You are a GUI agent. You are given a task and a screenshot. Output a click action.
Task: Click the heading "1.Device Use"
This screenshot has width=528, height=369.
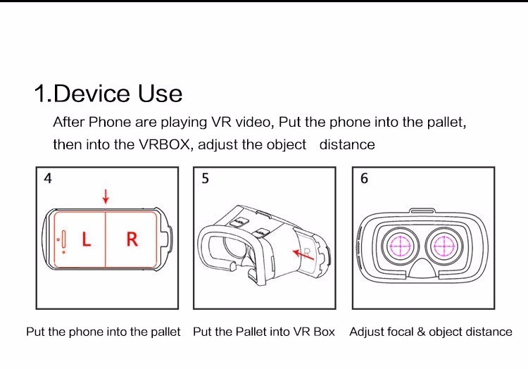pyautogui.click(x=108, y=94)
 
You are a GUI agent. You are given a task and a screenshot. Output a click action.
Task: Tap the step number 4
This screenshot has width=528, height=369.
pyautogui.click(x=48, y=178)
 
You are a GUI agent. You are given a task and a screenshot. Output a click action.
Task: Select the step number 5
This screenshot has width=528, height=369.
pyautogui.click(x=206, y=178)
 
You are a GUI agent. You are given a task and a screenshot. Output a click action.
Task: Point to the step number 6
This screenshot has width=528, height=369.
pyautogui.click(x=364, y=178)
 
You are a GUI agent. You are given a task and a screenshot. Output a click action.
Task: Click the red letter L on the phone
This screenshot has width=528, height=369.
pyautogui.click(x=86, y=240)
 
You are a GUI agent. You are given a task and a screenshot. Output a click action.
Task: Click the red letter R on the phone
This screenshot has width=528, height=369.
pyautogui.click(x=132, y=239)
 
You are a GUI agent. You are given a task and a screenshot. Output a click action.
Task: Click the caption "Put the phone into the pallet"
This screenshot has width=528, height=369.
pyautogui.click(x=103, y=332)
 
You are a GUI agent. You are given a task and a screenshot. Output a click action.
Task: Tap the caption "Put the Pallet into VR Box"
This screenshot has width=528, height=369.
pyautogui.click(x=264, y=332)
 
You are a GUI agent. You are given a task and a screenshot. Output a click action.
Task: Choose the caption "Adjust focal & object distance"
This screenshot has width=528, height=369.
pyautogui.click(x=431, y=332)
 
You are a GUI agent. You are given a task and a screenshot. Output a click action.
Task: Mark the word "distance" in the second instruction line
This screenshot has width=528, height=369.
pyautogui.click(x=347, y=144)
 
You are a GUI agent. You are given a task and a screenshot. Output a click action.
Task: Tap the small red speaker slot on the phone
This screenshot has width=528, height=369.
pyautogui.click(x=64, y=241)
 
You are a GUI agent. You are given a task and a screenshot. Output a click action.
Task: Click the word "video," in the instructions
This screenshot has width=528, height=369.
pyautogui.click(x=253, y=122)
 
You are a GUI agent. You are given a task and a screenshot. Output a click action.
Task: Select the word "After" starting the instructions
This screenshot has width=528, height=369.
pyautogui.click(x=68, y=122)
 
